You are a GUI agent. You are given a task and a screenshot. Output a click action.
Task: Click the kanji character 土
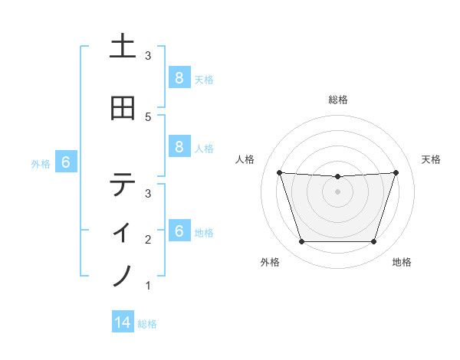[123, 47]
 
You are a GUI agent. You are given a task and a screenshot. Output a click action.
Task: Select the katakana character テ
[123, 184]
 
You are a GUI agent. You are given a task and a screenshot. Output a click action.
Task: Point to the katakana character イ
[123, 229]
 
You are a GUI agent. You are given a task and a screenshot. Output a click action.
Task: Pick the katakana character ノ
[123, 275]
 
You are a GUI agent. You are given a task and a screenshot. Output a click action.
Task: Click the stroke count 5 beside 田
[148, 116]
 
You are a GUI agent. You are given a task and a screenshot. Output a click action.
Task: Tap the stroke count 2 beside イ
[148, 240]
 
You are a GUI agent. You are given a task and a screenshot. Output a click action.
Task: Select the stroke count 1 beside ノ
[148, 286]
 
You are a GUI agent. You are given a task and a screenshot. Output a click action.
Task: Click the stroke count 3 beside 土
[148, 56]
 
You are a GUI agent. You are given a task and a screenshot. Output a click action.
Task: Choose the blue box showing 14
[123, 322]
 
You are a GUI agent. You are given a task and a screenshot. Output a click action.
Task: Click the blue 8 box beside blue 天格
[179, 77]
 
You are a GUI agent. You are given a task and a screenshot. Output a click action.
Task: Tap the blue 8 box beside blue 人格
[179, 147]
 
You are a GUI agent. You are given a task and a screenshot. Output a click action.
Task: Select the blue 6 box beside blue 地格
[179, 231]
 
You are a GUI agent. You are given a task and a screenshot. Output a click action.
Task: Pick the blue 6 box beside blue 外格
[65, 162]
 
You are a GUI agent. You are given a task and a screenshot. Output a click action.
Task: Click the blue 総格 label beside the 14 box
[147, 324]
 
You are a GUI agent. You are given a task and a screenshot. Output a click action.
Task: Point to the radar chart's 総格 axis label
[338, 100]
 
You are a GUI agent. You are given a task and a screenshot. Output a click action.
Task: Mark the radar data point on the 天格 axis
[396, 172]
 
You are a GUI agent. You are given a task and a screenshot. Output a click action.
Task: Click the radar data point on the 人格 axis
[279, 172]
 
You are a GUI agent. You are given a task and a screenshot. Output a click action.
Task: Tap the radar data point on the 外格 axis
[301, 242]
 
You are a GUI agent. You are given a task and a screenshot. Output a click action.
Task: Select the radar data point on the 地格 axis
[374, 242]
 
